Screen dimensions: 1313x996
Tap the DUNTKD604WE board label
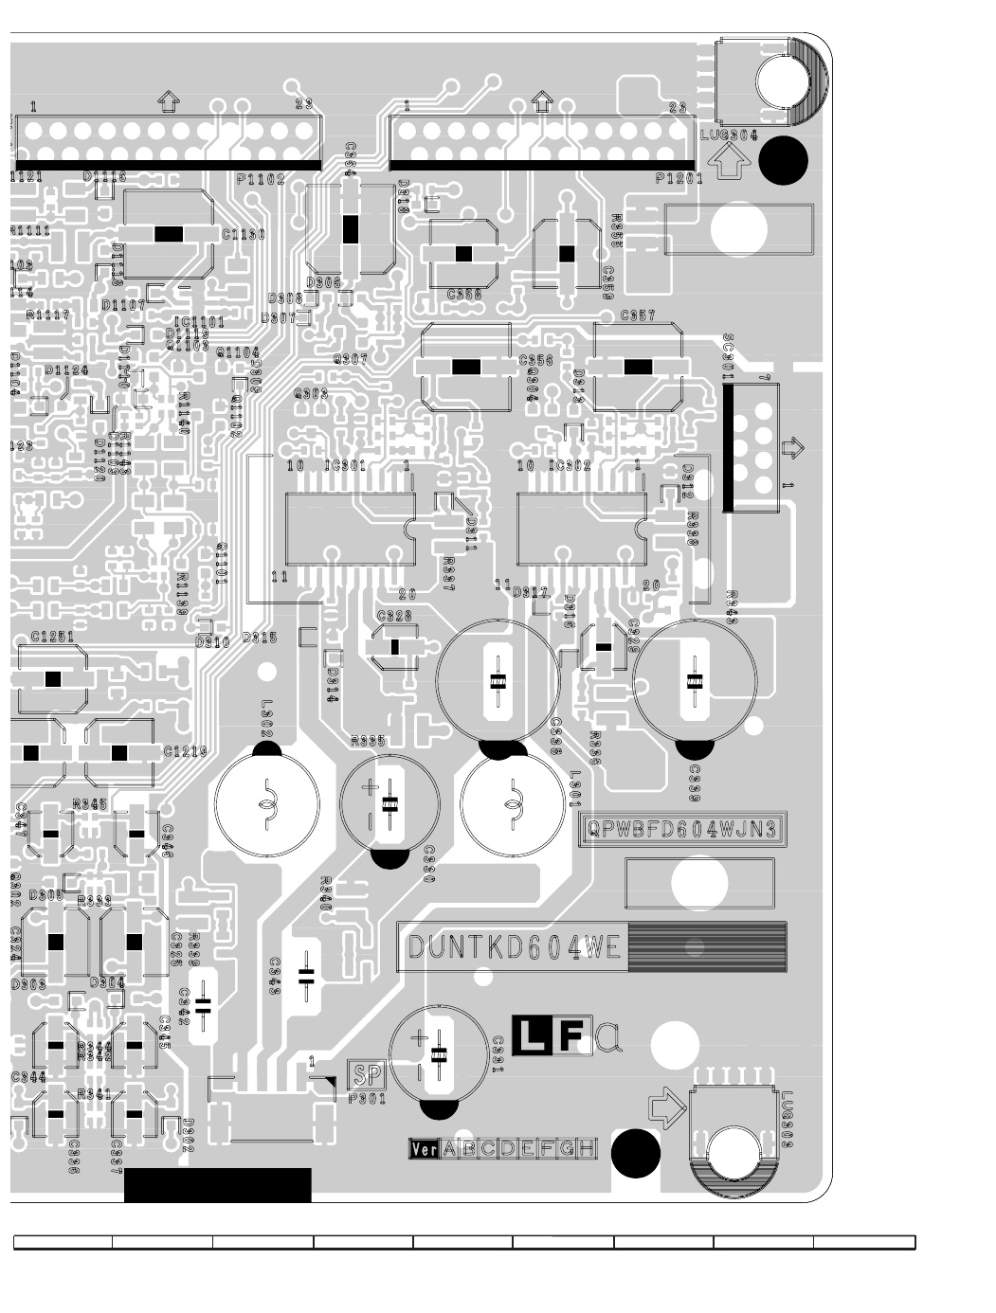coord(514,947)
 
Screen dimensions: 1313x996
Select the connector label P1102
coord(261,178)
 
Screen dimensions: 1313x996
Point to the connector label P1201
coord(679,178)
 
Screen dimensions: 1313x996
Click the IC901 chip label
coord(345,466)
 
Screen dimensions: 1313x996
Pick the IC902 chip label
coord(571,466)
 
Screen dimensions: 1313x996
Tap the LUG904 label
coord(730,135)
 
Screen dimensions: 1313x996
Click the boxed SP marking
coord(368,1075)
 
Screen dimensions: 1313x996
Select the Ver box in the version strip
coord(424,1149)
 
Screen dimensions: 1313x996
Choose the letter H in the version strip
coord(588,1149)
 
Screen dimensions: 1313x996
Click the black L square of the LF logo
coord(530,1035)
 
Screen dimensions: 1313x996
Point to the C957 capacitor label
coord(638,315)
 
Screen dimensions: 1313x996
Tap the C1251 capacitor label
coord(52,638)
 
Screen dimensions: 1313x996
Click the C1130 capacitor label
coord(244,234)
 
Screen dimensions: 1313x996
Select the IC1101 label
coord(200,322)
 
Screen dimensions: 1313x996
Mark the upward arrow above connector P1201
coord(542,99)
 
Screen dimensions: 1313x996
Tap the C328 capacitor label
coord(394,616)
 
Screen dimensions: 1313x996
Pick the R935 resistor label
coord(368,742)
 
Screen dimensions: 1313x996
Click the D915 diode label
coord(259,638)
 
